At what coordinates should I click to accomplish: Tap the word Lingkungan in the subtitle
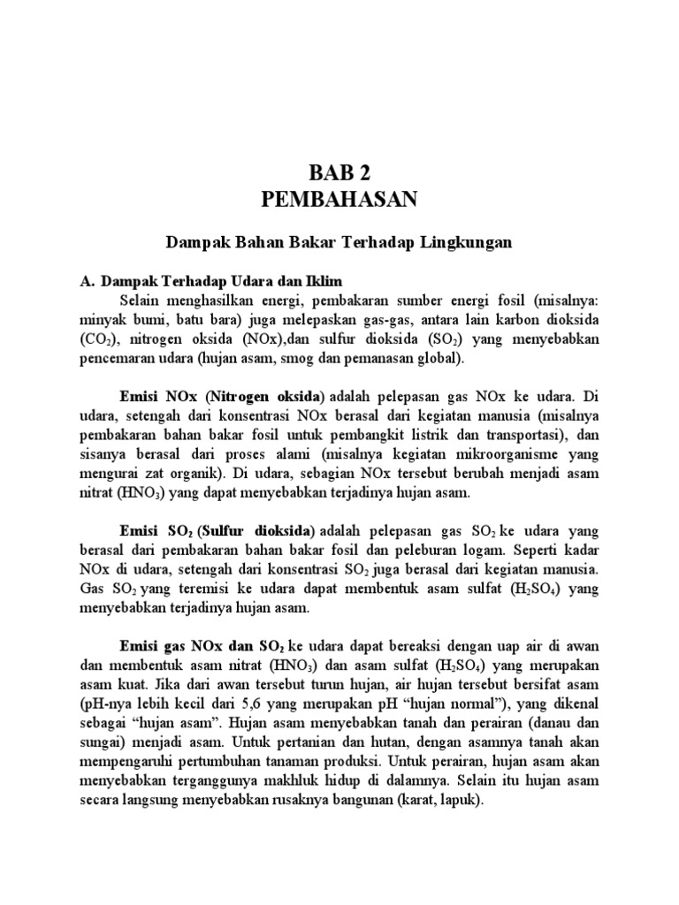(469, 241)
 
